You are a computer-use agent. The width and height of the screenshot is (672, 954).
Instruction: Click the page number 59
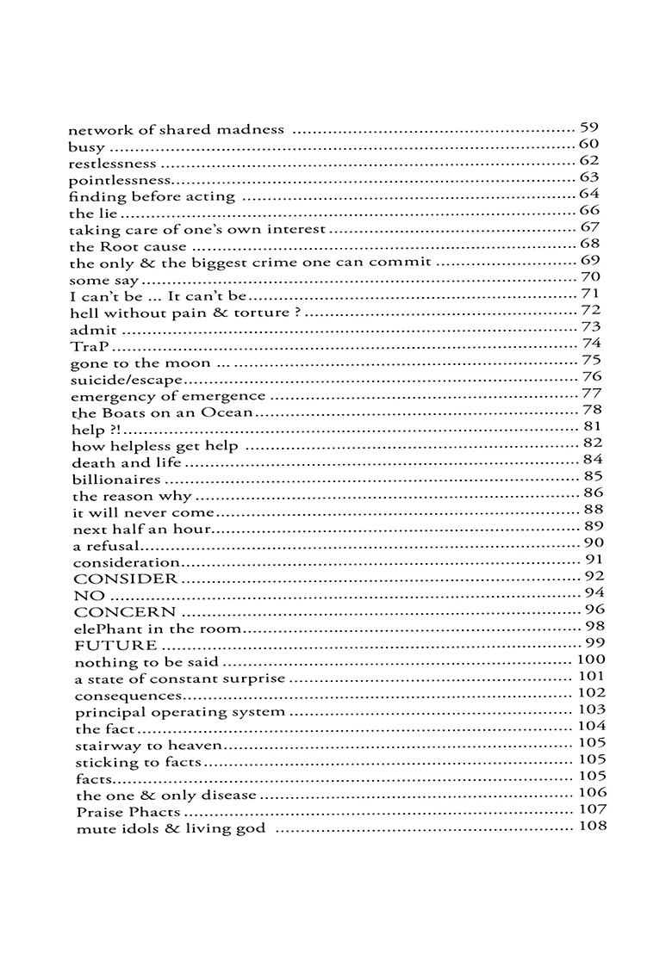(589, 127)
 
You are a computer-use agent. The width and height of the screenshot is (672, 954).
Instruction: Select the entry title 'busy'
(86, 147)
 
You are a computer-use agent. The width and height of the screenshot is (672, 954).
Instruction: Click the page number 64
(589, 194)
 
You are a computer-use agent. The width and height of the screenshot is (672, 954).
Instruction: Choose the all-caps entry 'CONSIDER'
(126, 579)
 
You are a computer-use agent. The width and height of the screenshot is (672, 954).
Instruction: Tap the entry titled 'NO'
(90, 596)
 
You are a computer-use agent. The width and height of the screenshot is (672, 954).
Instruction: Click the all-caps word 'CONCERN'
(125, 612)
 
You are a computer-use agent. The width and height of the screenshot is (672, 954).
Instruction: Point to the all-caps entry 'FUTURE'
(115, 646)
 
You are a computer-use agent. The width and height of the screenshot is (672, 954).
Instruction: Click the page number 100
(590, 660)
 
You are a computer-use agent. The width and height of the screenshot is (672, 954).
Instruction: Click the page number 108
(590, 827)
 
